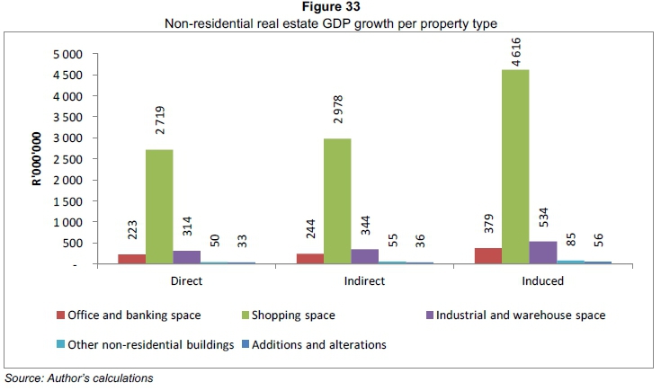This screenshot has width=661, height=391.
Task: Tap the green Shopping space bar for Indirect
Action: tap(337, 201)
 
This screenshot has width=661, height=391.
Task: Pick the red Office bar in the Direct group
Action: tap(131, 259)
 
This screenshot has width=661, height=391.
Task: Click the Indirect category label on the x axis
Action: tap(364, 281)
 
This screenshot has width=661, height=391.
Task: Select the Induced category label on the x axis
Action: tap(542, 281)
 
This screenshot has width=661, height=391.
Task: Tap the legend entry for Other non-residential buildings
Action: tap(153, 343)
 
